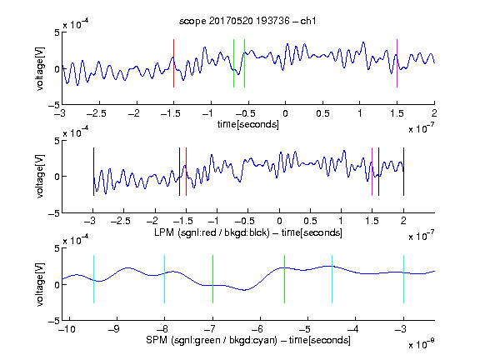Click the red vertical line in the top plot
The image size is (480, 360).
[x=173, y=63]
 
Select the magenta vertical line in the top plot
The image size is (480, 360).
[x=397, y=63]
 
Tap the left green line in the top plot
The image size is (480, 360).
[x=233, y=63]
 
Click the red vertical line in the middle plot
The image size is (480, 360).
[x=186, y=172]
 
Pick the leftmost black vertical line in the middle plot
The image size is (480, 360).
[x=93, y=172]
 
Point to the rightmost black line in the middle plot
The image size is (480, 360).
[x=403, y=172]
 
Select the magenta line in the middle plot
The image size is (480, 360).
[x=372, y=172]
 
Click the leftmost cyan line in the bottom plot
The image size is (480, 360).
[x=93, y=279]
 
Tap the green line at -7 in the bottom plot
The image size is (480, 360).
[x=212, y=279]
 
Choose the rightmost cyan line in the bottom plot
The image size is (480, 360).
[x=403, y=279]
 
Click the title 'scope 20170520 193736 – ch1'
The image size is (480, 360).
[x=247, y=21]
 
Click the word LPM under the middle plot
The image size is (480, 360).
[x=164, y=232]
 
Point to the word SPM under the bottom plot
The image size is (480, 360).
[x=157, y=340]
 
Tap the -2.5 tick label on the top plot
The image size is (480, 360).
[x=97, y=113]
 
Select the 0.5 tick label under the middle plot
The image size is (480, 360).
[x=310, y=221]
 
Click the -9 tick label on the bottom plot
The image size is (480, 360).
[x=114, y=329]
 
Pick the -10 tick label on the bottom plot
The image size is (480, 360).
[x=67, y=329]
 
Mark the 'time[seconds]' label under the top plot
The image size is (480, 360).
[x=248, y=124]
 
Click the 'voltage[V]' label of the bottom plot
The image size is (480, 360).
[x=40, y=284]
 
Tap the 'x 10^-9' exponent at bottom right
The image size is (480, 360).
[x=421, y=344]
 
